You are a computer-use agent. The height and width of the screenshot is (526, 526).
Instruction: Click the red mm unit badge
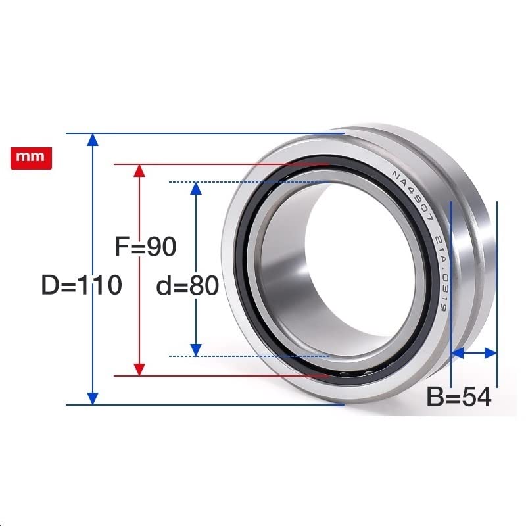click(31, 158)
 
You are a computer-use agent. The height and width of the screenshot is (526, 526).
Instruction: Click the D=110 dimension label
click(82, 285)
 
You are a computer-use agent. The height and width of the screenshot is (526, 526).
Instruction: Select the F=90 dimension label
click(145, 247)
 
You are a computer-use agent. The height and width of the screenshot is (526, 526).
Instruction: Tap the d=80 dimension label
click(187, 287)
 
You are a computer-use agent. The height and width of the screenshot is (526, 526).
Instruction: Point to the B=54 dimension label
click(459, 397)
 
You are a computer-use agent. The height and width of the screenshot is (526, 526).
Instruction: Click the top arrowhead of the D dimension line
click(93, 139)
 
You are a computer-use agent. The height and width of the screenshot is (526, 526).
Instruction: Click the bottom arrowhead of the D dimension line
click(93, 398)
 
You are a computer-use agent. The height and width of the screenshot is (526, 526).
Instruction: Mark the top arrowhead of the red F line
click(138, 170)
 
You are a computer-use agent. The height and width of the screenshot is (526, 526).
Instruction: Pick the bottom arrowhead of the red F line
click(138, 370)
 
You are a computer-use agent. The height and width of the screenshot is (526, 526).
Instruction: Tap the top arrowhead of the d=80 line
click(195, 188)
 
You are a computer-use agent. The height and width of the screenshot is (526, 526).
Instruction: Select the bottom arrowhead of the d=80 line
click(195, 350)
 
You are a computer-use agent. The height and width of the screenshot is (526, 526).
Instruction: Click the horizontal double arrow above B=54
click(473, 354)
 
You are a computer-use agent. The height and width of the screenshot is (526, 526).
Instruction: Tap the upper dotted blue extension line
click(250, 182)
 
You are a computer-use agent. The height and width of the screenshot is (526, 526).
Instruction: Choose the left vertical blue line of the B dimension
click(452, 296)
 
